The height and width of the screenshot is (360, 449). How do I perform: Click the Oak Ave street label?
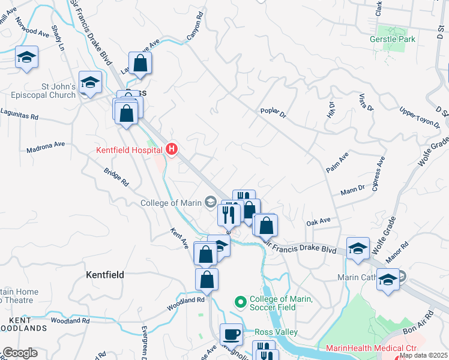point(318,221)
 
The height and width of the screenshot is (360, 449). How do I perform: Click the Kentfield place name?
point(105,275)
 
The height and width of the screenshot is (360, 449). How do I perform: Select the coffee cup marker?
point(231,334)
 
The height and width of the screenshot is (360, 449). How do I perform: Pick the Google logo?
point(20,353)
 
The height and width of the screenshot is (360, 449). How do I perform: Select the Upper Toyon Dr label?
point(420,117)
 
